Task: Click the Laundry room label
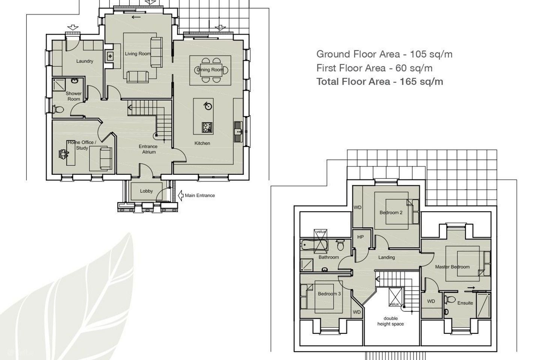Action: [85, 61]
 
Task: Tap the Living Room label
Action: [138, 54]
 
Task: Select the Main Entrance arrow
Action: [181, 195]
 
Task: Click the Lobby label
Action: [146, 191]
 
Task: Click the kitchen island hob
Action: [207, 127]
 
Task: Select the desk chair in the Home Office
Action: [63, 154]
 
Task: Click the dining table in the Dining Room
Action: [210, 70]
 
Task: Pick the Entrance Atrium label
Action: [148, 149]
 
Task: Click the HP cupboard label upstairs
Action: [360, 237]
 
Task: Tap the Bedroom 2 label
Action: [391, 212]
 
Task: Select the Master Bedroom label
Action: [452, 267]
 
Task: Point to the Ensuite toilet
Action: [449, 300]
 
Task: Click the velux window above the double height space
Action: [396, 297]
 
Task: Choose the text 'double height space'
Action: [390, 321]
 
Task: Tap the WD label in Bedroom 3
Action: [357, 312]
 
